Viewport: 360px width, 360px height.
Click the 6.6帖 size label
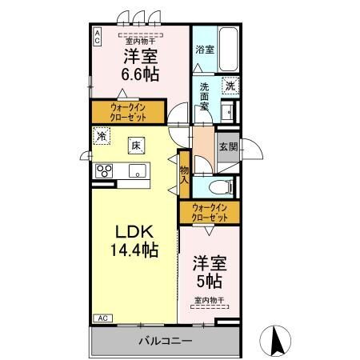coord(140,74)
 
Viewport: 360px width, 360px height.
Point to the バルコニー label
coord(166,340)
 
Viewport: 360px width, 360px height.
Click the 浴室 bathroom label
coord(205,49)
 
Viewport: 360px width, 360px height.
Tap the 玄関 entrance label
coord(228,146)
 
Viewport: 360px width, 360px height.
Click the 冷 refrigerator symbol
coord(101,135)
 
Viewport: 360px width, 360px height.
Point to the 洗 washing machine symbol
coord(229,86)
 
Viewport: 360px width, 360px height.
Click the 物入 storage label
coord(184,174)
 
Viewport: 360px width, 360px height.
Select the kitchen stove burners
coord(104,170)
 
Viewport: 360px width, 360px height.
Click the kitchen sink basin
coord(136,170)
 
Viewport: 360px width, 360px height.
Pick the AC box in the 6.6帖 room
coord(97,35)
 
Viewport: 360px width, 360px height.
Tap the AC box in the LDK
coord(102,318)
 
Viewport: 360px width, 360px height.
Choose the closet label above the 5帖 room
coord(209,213)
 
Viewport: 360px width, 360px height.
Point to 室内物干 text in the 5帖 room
coord(208,301)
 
